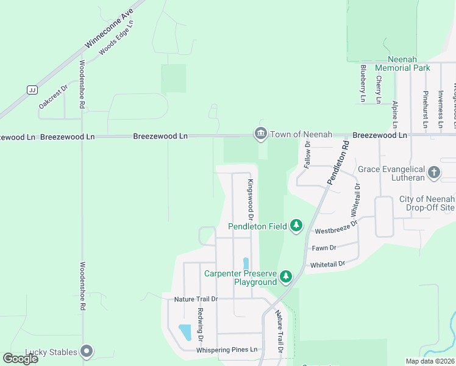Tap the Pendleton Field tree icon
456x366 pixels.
tap(296, 226)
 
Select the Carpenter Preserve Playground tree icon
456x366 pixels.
tap(286, 278)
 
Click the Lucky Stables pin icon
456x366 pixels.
tap(87, 351)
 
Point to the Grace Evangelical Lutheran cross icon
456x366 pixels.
tap(434, 173)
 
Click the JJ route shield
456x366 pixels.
tap(30, 90)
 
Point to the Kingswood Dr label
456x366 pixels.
tap(250, 200)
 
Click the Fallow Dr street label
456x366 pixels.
tap(308, 154)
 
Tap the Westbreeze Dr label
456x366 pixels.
tap(335, 228)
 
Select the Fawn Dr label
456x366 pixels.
tap(324, 248)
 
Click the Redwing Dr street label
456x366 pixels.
tap(199, 325)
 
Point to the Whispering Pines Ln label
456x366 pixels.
tap(227, 350)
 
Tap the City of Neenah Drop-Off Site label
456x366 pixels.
tap(427, 203)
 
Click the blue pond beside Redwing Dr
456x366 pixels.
tap(184, 332)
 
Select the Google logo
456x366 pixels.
tap(20, 359)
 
